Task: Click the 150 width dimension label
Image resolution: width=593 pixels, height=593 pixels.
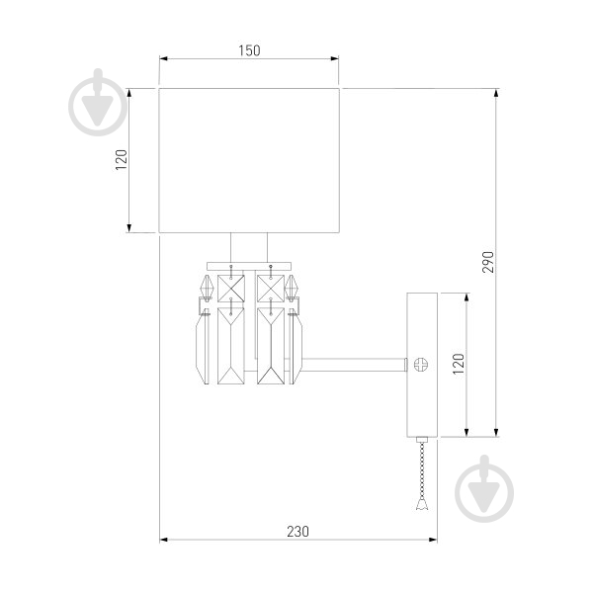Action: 249,50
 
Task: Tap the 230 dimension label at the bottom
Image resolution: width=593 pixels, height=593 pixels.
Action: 297,532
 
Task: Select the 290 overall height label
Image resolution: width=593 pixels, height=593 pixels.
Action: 488,262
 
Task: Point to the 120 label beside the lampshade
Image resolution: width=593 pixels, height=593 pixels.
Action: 122,160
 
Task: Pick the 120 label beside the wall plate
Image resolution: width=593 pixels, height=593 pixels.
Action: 458,364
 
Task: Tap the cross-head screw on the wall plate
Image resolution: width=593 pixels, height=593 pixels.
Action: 421,365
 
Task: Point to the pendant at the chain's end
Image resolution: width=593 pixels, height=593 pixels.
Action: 422,503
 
